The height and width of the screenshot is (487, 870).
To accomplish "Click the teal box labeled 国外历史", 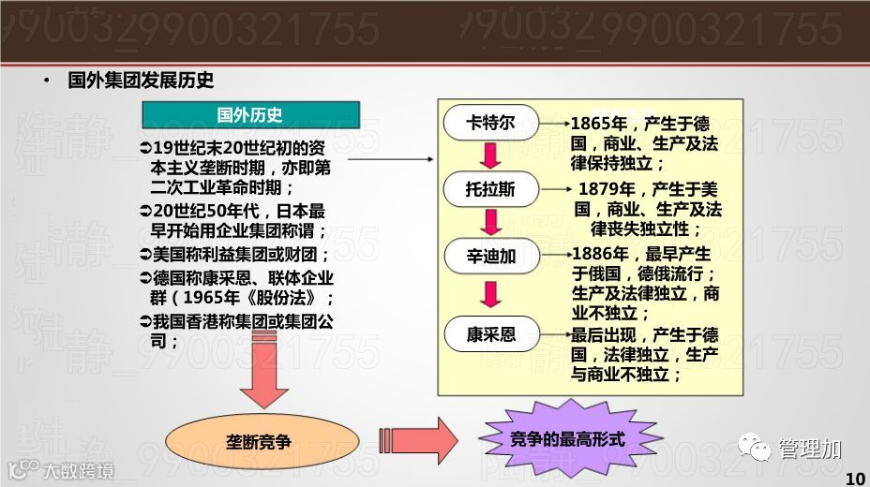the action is (250, 115).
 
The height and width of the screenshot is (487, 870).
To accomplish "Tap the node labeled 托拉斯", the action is (490, 189).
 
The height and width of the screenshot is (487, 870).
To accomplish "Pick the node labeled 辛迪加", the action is (490, 256).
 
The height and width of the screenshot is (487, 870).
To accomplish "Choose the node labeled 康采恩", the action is (490, 333).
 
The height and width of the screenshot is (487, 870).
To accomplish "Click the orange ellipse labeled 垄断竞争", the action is (262, 439).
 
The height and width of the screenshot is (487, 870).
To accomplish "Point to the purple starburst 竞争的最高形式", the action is (568, 438).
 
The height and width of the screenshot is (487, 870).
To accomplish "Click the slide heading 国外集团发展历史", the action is (141, 81).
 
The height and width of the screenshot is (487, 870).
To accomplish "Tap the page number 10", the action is (855, 479).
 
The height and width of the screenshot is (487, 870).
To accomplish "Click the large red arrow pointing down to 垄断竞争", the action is (263, 378).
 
